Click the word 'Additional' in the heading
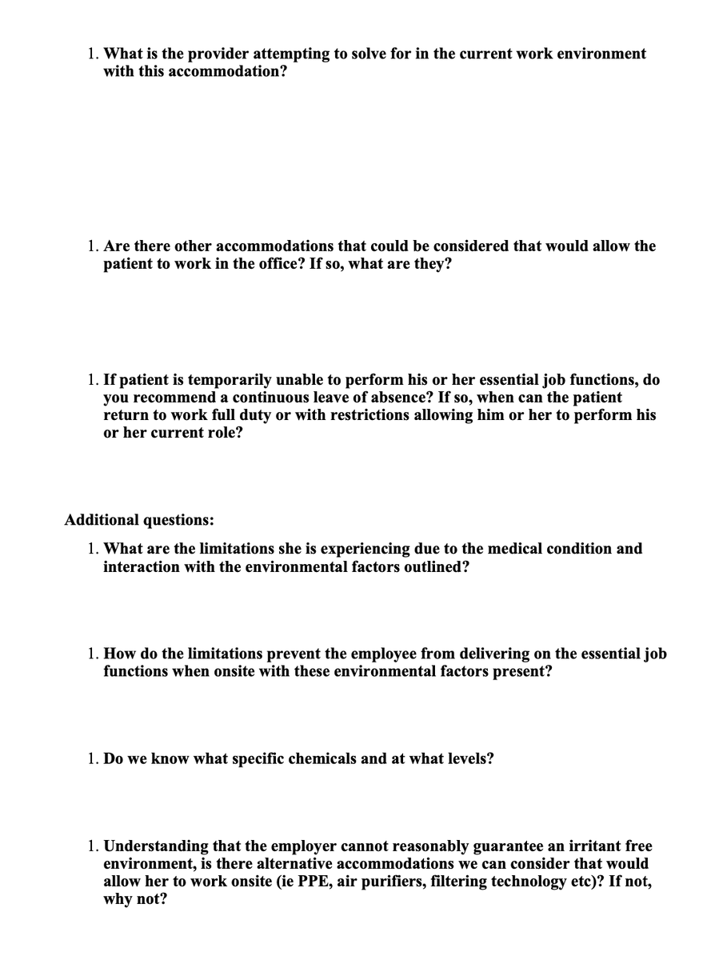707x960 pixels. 102,520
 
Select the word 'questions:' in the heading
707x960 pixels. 178,520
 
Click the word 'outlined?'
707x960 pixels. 436,566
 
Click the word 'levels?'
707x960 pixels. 466,758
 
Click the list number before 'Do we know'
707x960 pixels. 93,758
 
